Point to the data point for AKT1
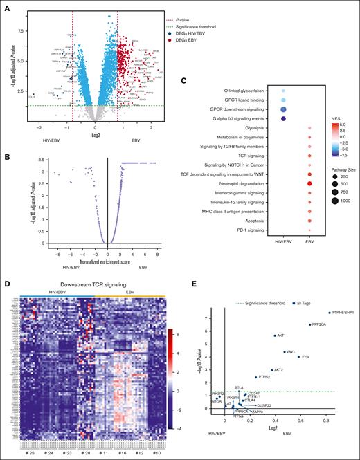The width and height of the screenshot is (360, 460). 275,335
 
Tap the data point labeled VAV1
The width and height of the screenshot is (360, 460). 285,351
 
